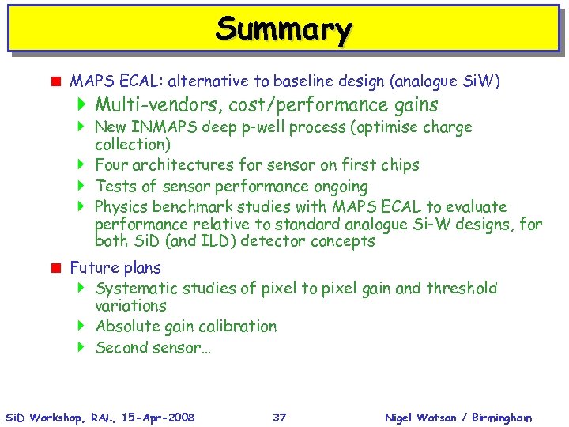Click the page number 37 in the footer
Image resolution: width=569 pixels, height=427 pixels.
point(279,417)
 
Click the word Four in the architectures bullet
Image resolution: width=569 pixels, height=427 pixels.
point(111,165)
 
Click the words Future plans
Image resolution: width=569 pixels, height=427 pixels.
point(115,268)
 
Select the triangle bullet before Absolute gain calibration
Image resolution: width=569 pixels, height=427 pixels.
point(81,327)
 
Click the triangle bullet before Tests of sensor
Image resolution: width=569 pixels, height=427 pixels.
point(81,187)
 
